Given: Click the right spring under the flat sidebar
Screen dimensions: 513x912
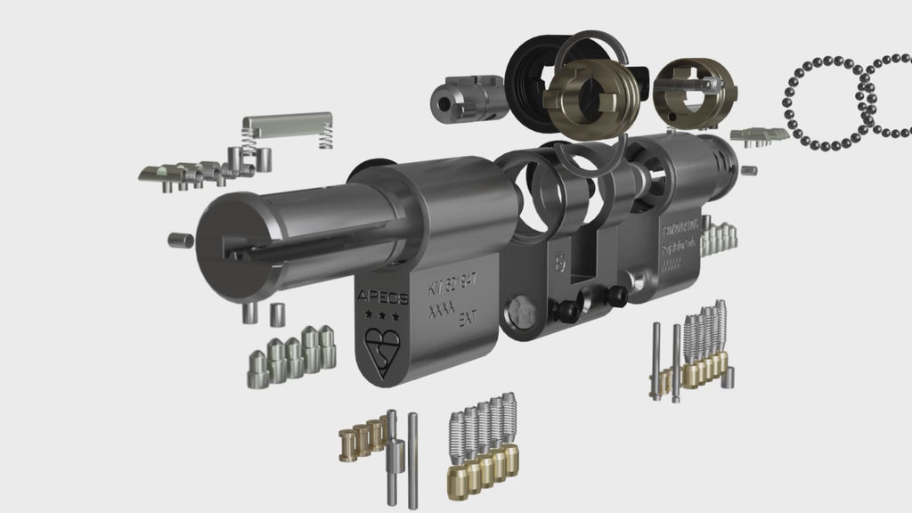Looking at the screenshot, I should point(328,136).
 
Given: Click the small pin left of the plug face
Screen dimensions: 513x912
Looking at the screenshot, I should point(179,239).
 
